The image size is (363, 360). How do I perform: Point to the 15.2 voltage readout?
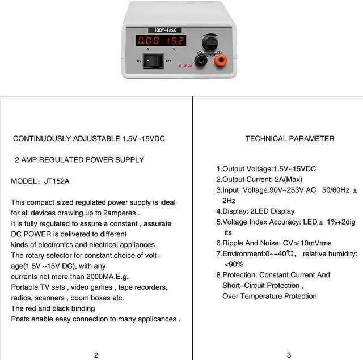175,41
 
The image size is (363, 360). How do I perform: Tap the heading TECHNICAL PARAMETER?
290,138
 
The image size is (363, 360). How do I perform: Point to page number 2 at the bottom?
96,355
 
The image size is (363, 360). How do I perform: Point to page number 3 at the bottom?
289,355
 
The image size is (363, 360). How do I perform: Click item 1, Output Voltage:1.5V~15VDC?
266,169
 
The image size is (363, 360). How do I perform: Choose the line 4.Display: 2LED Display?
255,211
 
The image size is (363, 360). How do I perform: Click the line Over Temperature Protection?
269,296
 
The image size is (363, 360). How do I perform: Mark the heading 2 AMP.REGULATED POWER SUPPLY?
79,160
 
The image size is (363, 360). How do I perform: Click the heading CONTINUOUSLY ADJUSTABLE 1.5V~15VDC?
89,138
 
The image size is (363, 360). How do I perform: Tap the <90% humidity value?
234,264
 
